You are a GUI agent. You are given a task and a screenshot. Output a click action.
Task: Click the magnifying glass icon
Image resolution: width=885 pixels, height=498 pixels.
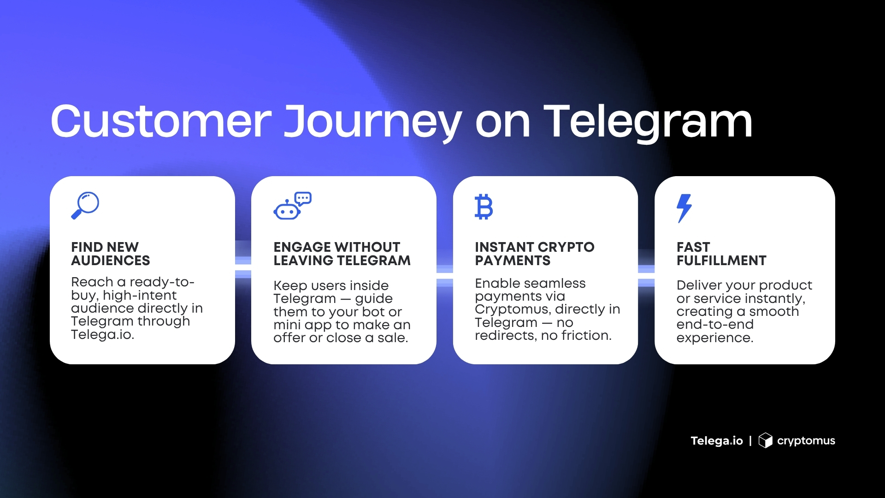coord(85,205)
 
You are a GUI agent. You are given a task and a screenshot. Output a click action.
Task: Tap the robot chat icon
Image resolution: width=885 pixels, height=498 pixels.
coord(292,206)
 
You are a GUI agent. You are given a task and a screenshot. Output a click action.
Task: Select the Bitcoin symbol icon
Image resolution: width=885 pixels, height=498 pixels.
coord(484,207)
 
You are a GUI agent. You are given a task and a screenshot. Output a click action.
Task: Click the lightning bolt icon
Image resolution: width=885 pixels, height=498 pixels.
coord(684,208)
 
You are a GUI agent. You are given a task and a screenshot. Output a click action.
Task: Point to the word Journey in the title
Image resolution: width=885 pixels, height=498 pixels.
coord(372,122)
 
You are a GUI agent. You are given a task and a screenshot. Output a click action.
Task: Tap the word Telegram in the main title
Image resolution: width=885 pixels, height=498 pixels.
coord(648,122)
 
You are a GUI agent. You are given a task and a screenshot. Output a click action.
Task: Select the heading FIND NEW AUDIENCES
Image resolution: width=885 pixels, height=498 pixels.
coord(111,254)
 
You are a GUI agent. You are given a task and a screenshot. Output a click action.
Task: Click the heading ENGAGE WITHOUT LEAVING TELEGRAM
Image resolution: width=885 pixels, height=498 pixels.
coord(342,254)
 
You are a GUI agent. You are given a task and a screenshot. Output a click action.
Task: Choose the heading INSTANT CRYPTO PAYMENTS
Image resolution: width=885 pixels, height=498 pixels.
coord(534,254)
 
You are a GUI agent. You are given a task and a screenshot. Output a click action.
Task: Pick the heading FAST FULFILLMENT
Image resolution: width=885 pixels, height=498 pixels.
coord(721,254)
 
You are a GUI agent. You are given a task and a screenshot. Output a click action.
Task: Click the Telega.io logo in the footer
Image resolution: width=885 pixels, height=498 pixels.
coord(716,441)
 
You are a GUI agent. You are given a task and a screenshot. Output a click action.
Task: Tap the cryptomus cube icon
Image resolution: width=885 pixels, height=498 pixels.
coord(765,440)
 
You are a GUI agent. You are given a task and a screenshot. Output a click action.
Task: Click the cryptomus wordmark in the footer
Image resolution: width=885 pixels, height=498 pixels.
coord(806,441)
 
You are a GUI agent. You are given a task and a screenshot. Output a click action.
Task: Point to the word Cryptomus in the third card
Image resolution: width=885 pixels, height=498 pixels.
coord(505,309)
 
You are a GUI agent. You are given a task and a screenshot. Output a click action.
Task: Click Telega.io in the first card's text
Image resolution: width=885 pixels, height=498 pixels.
coord(102,335)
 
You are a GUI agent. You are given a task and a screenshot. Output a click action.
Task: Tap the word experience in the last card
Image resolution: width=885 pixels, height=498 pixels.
coord(714,338)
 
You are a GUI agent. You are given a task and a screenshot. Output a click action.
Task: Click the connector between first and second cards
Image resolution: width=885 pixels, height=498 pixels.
coord(243,267)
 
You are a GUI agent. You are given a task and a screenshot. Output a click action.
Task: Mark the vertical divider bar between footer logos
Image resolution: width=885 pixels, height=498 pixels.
coord(750,441)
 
